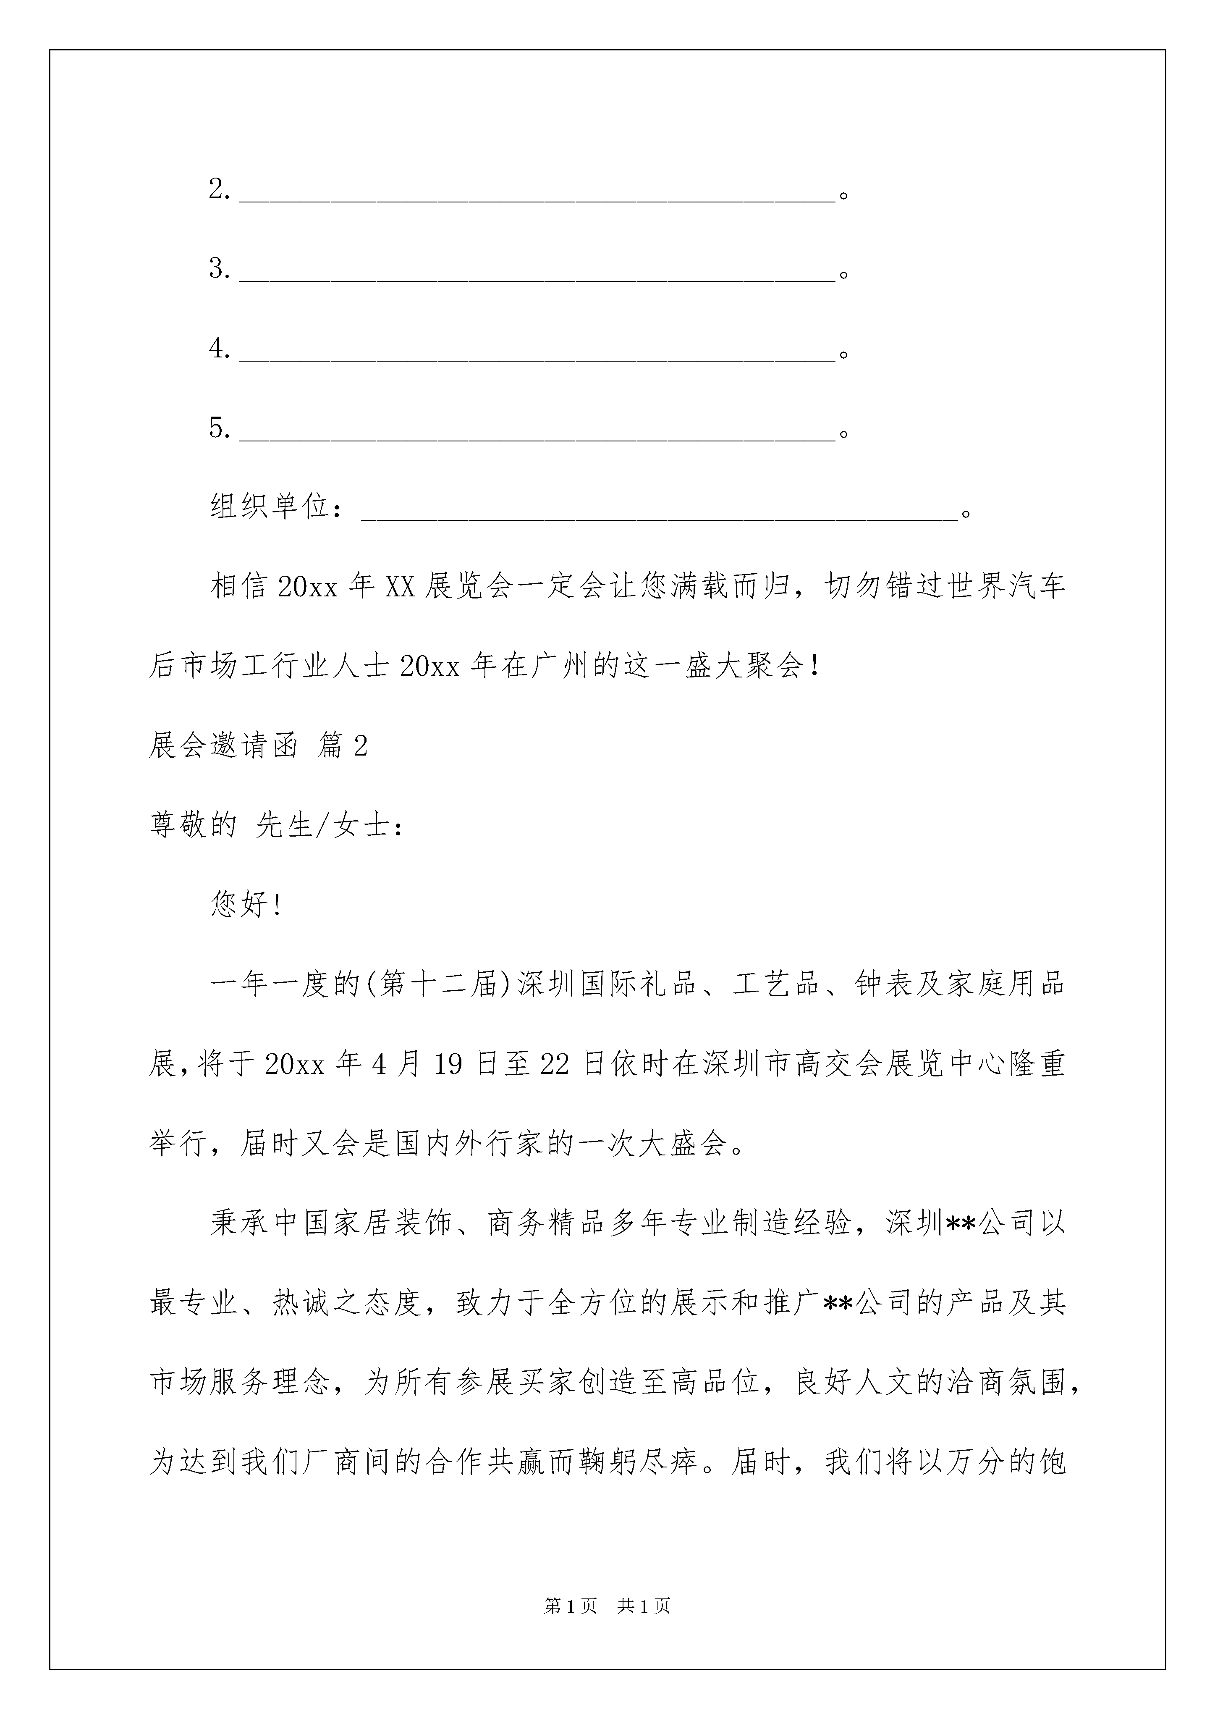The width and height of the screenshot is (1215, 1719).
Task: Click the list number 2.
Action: pyautogui.click(x=219, y=190)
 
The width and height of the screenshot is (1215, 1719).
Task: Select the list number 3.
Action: pyautogui.click(x=219, y=269)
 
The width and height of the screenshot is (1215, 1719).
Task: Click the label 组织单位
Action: pyautogui.click(x=270, y=508)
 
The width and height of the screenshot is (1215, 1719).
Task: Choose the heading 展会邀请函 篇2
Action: pyautogui.click(x=258, y=746)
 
